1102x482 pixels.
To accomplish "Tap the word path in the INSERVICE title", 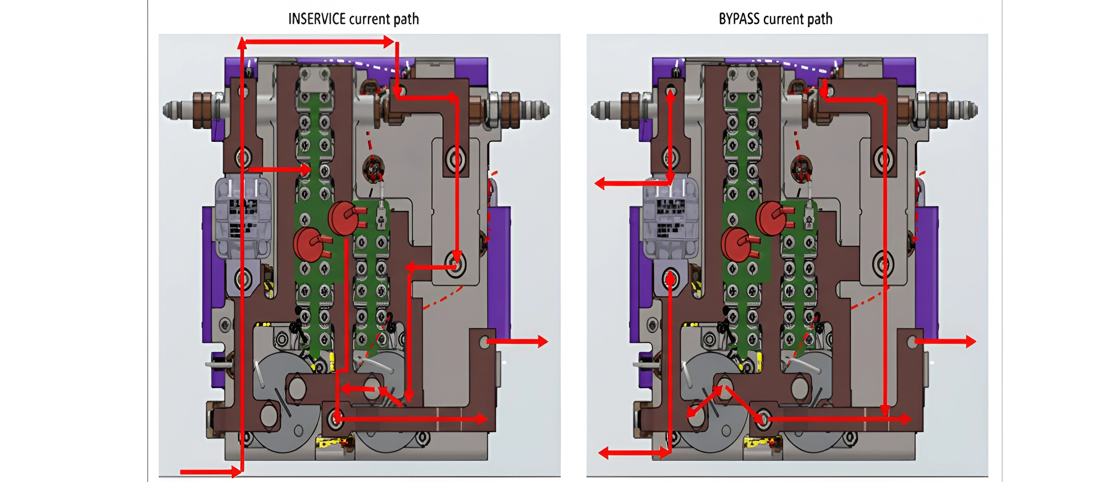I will [406, 19].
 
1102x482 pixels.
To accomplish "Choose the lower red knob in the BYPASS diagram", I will [736, 244].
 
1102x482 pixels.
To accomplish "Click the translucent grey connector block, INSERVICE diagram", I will [242, 218].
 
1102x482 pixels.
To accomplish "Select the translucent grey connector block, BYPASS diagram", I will [670, 218].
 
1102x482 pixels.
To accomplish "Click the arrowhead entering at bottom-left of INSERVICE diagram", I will [236, 472].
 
